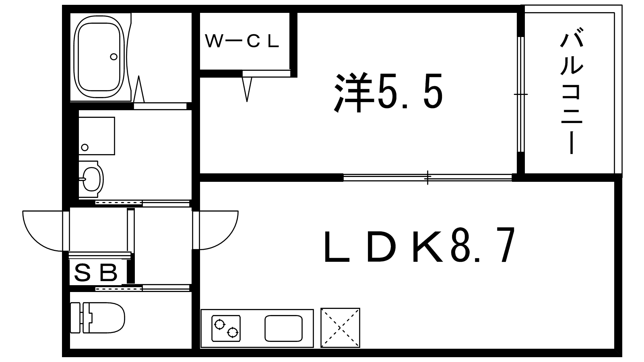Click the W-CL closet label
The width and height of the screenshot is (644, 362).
tap(242, 41)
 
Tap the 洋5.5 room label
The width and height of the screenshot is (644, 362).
tap(388, 93)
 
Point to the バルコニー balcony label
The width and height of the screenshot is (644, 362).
tap(572, 90)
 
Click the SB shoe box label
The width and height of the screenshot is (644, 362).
tap(96, 273)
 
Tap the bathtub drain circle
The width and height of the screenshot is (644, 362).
tap(114, 57)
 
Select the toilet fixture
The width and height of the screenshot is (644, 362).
tap(98, 317)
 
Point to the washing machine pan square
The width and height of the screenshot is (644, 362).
tap(97, 136)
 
